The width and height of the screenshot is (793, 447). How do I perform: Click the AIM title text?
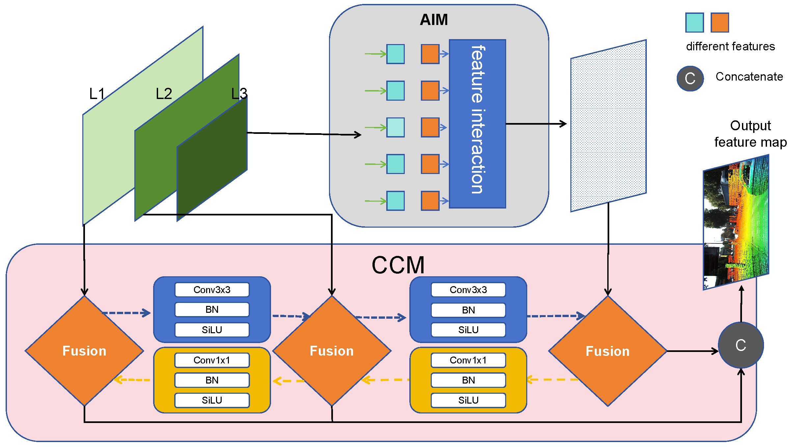(434, 20)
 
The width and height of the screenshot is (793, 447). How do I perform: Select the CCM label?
(398, 265)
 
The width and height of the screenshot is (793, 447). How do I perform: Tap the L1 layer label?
(97, 94)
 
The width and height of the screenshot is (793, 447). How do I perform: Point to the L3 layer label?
(239, 94)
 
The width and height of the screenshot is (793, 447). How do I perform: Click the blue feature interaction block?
(477, 124)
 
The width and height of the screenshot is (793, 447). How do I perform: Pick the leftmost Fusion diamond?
(84, 351)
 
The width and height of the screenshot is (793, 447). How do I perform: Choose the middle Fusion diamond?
(332, 351)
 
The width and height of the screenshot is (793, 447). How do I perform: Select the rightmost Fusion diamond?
(608, 351)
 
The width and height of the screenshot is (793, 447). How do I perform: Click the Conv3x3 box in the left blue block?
(212, 290)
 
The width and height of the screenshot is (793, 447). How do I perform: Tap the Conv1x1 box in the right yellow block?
(468, 360)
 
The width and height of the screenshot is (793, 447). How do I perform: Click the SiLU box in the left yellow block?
(212, 400)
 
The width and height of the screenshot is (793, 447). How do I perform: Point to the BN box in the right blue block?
(468, 310)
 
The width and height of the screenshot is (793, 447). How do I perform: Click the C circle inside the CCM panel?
(741, 345)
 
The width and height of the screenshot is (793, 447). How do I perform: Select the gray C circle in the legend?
(690, 79)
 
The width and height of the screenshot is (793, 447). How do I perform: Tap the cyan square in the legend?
(695, 23)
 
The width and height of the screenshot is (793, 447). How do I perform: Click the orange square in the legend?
(720, 23)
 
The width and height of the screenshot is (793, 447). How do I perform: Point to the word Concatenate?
(749, 77)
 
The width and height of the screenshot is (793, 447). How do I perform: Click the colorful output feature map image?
(736, 222)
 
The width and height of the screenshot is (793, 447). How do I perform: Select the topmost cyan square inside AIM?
(396, 54)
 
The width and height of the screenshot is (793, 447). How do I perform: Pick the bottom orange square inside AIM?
(430, 201)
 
